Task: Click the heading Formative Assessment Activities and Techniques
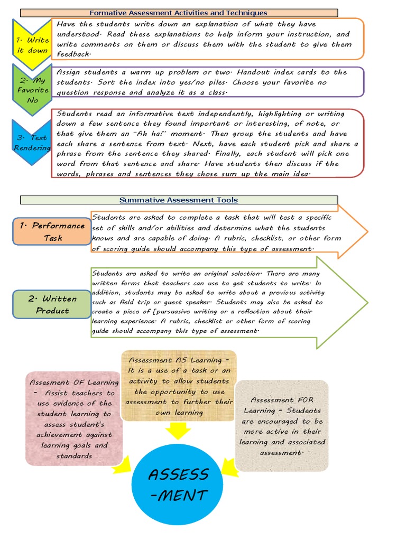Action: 178,13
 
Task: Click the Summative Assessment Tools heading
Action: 179,200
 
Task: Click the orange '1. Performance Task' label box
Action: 52,232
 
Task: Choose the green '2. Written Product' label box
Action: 52,304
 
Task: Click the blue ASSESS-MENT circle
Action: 177,485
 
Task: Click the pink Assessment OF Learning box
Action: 74,418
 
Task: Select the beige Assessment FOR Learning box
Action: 281,426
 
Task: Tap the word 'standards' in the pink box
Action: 74,456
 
